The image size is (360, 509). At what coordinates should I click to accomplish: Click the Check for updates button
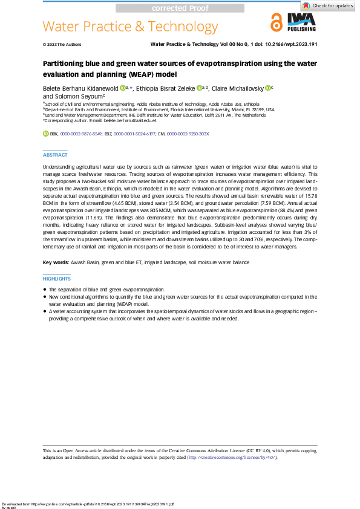(329, 5)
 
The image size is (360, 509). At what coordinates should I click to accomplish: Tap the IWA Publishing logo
(301, 24)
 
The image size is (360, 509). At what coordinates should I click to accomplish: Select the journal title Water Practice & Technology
(130, 27)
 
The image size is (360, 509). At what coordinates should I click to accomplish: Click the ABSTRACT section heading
(55, 155)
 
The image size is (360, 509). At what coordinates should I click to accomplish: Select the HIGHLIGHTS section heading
(57, 279)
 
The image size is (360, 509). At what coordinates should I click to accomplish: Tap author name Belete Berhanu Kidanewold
(80, 88)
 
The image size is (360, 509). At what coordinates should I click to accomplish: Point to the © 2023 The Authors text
(62, 45)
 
